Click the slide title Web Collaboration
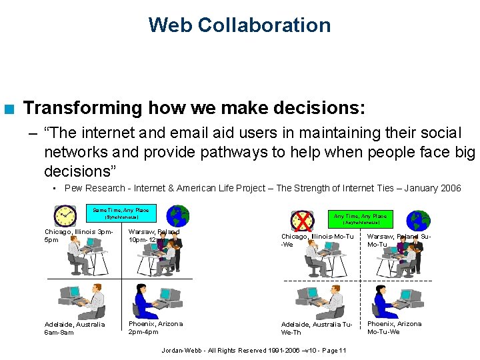pos(239,25)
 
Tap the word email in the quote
pos(176,133)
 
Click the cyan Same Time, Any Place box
pos(121,213)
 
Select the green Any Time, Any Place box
pos(359,219)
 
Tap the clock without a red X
pos(65,216)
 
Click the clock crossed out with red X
pos(302,221)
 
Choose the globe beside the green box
pos(419,221)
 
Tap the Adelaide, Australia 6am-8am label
pos(74,328)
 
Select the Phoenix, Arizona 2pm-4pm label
pos(155,327)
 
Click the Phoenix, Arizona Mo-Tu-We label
pos(394,327)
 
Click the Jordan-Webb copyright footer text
pos(253,351)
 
